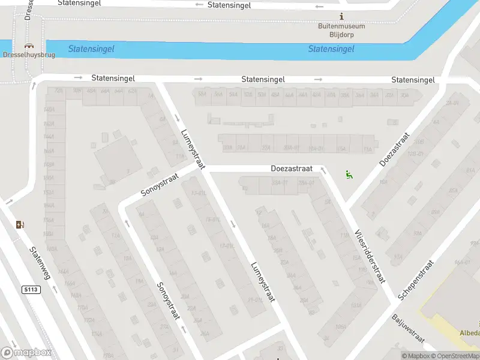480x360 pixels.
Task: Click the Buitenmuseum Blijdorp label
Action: pos(341,30)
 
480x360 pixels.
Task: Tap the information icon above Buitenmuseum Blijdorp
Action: pos(342,16)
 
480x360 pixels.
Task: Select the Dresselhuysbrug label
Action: pos(29,55)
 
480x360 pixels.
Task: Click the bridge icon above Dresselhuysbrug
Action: pos(29,45)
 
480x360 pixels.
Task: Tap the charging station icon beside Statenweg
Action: pos(21,224)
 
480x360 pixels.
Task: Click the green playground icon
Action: pos(349,175)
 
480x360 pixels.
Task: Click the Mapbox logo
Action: pos(26,353)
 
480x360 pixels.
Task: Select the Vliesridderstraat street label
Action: pos(369,257)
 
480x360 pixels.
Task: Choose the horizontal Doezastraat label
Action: pos(289,170)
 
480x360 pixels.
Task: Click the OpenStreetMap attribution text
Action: pos(458,356)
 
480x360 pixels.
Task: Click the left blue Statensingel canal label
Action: pos(91,49)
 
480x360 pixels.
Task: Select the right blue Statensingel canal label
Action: pos(331,49)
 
